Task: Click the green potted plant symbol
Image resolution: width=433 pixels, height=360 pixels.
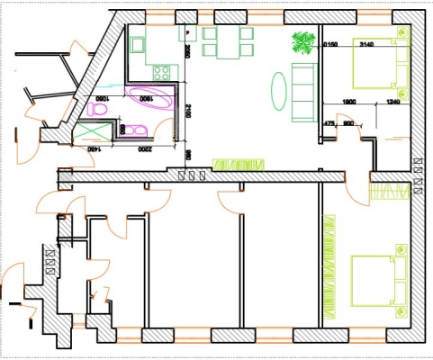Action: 303,42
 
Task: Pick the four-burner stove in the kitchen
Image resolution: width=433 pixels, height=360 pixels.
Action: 162,71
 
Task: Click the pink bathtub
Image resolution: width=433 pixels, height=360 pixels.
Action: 152,97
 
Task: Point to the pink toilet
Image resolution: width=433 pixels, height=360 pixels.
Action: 100,108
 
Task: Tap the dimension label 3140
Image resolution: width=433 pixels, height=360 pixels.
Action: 366,44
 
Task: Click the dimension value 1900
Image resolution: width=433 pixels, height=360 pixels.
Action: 352,102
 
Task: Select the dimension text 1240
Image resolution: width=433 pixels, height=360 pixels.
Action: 392,102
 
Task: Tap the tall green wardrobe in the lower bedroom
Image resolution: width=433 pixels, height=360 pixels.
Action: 330,265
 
